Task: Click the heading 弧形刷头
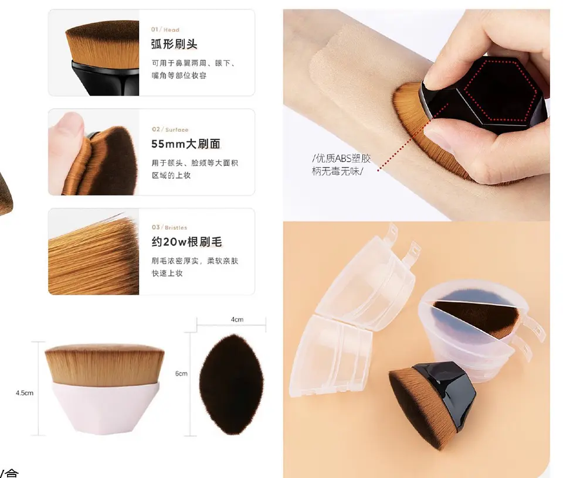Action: (174, 45)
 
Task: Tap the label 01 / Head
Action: (165, 30)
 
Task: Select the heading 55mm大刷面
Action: (186, 144)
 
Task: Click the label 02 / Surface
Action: (170, 129)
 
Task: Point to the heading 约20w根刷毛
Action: (186, 242)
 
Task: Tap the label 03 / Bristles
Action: (169, 227)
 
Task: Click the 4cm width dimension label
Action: (237, 319)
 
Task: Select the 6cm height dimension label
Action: (181, 374)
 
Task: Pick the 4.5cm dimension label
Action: (25, 393)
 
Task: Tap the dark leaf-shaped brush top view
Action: (232, 384)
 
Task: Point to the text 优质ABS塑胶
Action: (341, 159)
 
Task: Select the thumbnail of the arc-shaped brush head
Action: (94, 53)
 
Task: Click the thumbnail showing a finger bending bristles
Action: (94, 152)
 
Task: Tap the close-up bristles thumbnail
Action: (94, 252)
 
